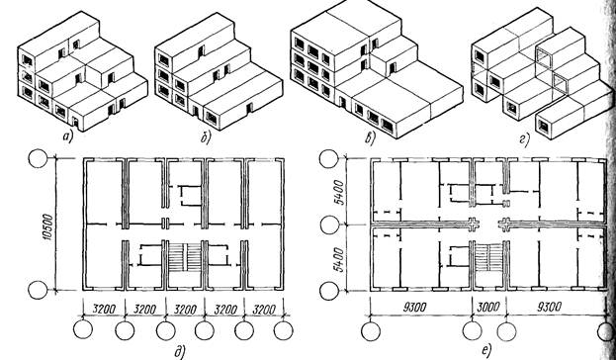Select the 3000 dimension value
coord(488,307)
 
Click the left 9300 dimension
coord(414,307)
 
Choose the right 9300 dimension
coord(549,307)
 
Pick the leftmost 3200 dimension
coord(103,310)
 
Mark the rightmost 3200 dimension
coord(264,310)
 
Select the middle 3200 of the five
coord(184,310)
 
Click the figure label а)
coord(68,136)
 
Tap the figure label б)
coord(206,138)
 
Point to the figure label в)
coord(370,138)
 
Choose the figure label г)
coord(525,139)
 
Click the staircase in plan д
coord(185,257)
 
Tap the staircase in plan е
coord(488,257)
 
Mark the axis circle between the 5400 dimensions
coord(329,225)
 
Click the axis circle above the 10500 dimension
coord(39,159)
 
